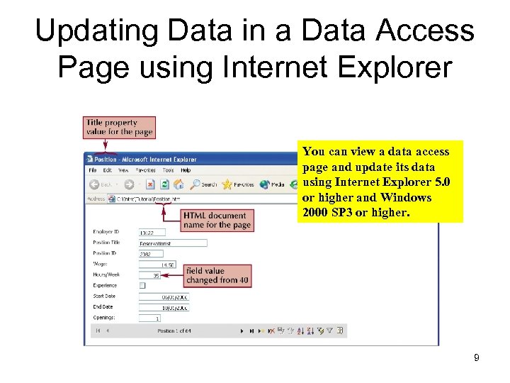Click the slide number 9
477,358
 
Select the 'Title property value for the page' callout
119,127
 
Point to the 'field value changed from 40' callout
217,275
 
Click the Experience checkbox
142,285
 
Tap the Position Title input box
173,243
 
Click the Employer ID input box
152,232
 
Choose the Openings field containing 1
150,318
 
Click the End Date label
104,307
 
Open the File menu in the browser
92,170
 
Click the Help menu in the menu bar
186,170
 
